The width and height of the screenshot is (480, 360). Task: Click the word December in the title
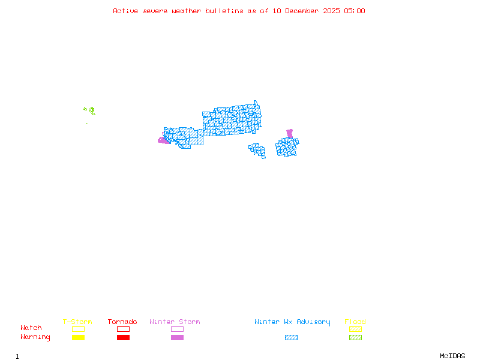coord(301,11)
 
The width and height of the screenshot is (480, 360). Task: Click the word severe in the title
coord(156,11)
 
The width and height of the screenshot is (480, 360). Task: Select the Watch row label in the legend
coord(31,328)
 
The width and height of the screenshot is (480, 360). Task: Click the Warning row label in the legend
coord(35,337)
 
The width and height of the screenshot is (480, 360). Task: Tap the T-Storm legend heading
coord(77,322)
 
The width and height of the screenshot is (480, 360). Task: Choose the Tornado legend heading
coord(122,322)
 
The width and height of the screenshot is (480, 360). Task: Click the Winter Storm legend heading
coord(175,322)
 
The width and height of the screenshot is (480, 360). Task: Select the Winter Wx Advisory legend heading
coord(292,322)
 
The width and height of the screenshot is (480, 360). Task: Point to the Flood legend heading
coord(355,322)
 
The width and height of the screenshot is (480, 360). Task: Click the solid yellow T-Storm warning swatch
coord(78,337)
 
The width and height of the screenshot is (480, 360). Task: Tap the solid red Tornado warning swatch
coord(123,337)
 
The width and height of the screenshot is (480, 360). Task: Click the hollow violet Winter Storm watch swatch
coord(177,329)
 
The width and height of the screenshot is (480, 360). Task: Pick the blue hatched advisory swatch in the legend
coord(291,337)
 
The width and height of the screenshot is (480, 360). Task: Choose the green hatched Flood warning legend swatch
coord(355,337)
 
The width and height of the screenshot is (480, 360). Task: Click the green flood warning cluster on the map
coord(91,110)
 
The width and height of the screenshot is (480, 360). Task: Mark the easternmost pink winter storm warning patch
coord(290,133)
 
